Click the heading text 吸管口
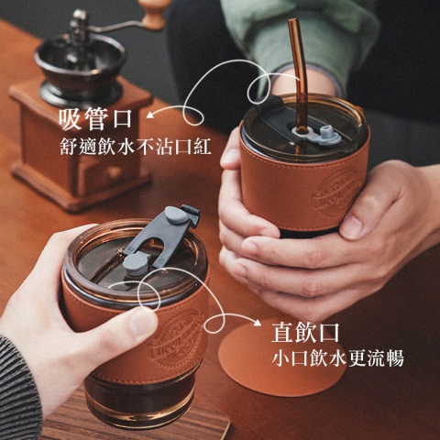pyautogui.click(x=95, y=118)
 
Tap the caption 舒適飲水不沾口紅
pyautogui.click(x=136, y=147)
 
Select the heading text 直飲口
pyautogui.click(x=305, y=333)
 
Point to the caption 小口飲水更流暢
pyautogui.click(x=337, y=357)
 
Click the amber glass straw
pyautogui.click(x=300, y=76)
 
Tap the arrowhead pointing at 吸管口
pyautogui.click(x=149, y=115)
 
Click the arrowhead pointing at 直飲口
pyautogui.click(x=258, y=323)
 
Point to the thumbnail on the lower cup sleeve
pyautogui.click(x=143, y=319)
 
